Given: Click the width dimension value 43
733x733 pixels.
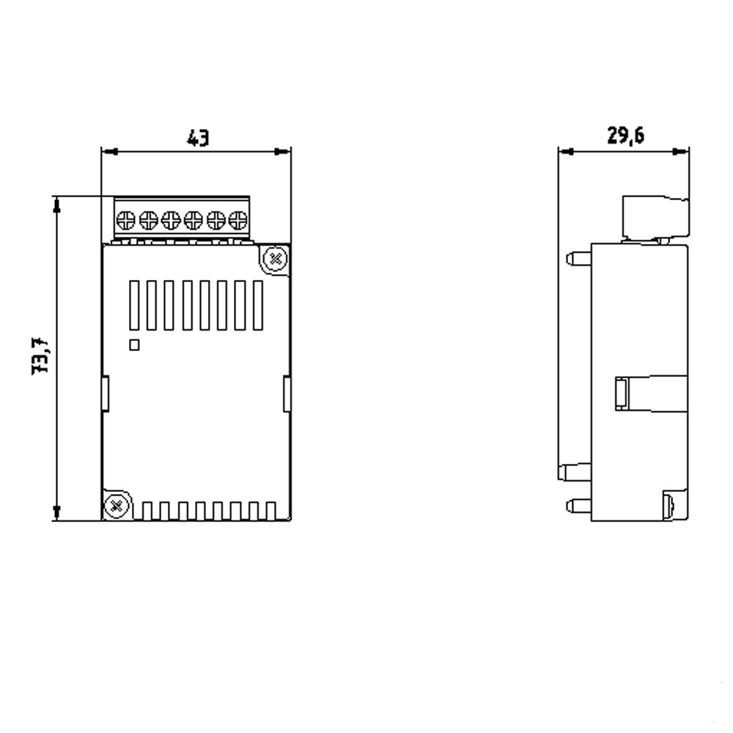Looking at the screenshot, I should (x=197, y=137).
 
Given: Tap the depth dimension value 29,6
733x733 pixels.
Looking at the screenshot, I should (x=625, y=136).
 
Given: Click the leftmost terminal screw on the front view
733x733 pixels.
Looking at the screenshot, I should (x=126, y=218).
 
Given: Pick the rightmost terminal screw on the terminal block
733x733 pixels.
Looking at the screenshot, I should (x=237, y=218).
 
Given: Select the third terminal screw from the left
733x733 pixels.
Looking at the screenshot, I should (x=171, y=218).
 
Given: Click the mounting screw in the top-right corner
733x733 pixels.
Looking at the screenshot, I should (x=275, y=258).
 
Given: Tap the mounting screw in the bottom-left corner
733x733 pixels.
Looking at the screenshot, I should (x=116, y=504).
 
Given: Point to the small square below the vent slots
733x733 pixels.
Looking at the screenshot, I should (x=134, y=344).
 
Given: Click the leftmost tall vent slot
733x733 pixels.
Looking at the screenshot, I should (x=134, y=304).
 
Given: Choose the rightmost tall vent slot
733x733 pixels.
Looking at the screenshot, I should (x=257, y=304).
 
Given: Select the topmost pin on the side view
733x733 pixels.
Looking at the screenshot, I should (x=578, y=257).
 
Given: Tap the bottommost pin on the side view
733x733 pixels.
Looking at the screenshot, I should (x=578, y=504).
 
